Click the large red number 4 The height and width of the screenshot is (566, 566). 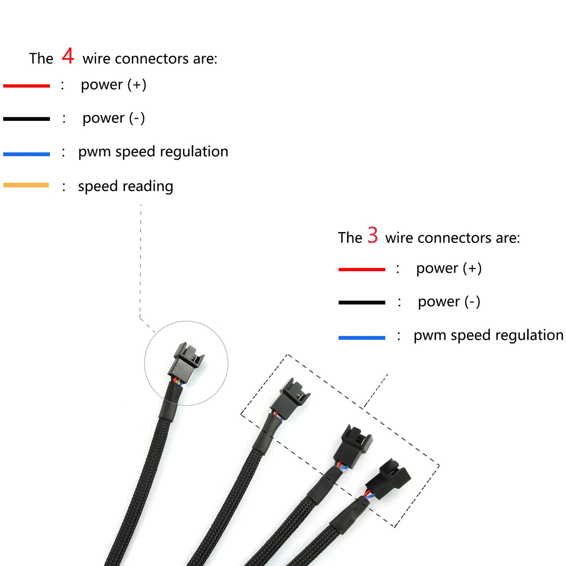[68, 56]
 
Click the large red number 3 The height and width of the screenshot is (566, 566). [372, 235]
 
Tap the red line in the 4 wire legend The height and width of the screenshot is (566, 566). [27, 86]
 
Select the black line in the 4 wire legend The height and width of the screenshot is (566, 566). [27, 119]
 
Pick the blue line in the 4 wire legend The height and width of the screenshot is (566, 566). [27, 154]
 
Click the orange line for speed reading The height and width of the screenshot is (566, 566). [26, 185]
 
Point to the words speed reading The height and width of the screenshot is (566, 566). [125, 186]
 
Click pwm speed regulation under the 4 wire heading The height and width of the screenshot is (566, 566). [153, 152]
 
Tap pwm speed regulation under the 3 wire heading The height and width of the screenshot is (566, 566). [488, 335]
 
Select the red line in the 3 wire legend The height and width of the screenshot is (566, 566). [362, 269]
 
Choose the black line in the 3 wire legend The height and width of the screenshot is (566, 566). [362, 302]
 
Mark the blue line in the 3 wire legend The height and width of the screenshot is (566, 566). [362, 338]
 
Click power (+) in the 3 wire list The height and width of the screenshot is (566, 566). [449, 268]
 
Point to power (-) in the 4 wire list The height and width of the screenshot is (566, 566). [114, 118]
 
